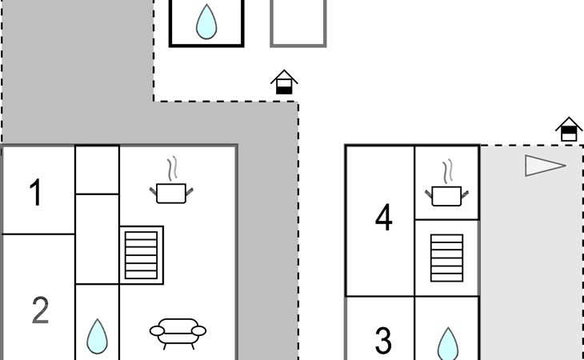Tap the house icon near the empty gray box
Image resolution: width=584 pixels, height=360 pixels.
(284, 82)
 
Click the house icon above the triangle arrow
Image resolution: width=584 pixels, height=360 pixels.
(569, 129)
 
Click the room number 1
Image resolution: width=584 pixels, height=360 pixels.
(35, 194)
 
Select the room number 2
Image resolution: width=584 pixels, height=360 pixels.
(40, 310)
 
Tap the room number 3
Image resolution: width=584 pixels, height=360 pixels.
(383, 341)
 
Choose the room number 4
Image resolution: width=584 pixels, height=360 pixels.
(384, 218)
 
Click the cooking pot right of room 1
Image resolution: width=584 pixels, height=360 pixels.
(172, 192)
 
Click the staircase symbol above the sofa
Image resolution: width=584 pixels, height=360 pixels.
(142, 254)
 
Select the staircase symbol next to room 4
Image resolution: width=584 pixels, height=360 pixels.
(446, 258)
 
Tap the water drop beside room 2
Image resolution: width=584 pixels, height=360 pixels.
(97, 336)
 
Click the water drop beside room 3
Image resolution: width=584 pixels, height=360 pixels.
(447, 342)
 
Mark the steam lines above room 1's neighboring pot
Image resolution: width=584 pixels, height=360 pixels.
(172, 169)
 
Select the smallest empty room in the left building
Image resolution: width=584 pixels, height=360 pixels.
(97, 170)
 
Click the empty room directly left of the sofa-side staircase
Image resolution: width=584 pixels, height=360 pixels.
(97, 238)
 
